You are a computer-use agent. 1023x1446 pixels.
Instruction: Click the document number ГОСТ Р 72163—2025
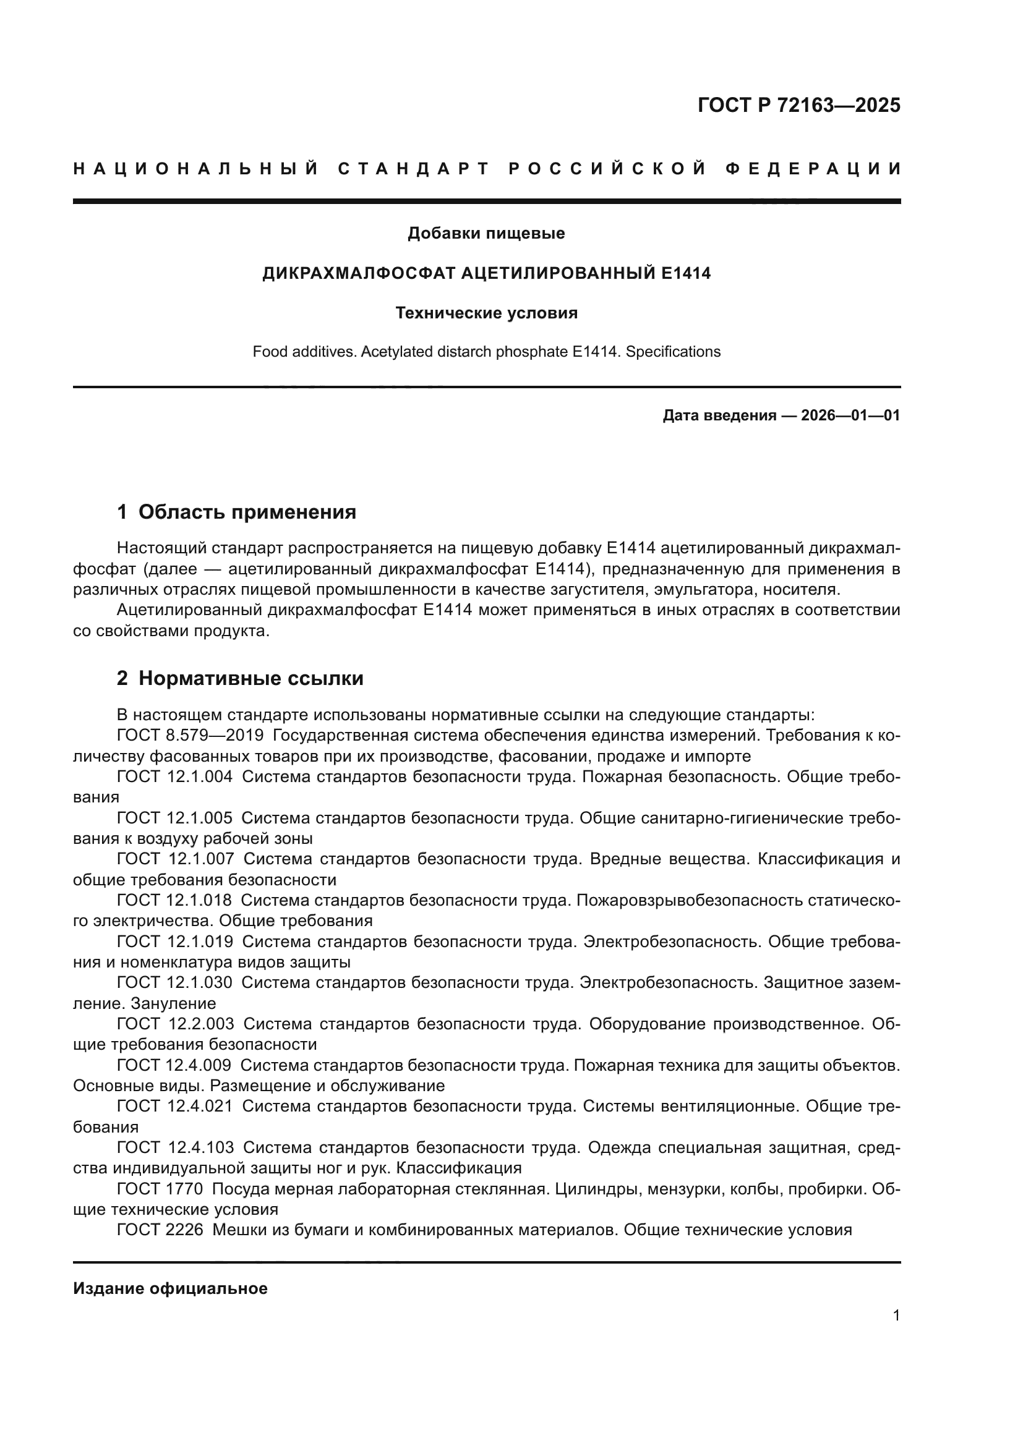pos(798,105)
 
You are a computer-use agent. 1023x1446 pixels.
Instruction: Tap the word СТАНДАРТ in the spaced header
pos(413,169)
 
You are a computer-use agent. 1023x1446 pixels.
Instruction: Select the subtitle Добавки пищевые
pos(486,233)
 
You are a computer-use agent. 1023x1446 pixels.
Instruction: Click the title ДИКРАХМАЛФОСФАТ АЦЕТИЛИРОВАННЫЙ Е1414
pos(486,273)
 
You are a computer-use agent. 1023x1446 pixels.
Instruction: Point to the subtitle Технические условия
pos(486,313)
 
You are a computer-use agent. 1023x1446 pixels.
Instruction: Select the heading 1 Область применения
pos(236,512)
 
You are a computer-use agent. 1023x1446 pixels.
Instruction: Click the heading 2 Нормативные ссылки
pos(240,678)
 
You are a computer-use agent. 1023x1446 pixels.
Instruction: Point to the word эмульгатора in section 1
pos(703,590)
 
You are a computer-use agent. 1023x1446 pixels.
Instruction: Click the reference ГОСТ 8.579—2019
pos(190,736)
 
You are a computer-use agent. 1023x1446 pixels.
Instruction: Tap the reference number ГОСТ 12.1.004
pos(174,776)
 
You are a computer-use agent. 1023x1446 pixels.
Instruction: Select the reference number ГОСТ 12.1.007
pos(176,859)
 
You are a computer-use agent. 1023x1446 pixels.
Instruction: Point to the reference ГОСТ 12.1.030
pos(174,982)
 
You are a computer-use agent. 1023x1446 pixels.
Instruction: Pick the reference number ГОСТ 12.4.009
pos(174,1065)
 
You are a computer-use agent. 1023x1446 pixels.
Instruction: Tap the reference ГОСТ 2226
pos(160,1230)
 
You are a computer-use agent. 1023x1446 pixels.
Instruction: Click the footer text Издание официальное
pos(170,1288)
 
